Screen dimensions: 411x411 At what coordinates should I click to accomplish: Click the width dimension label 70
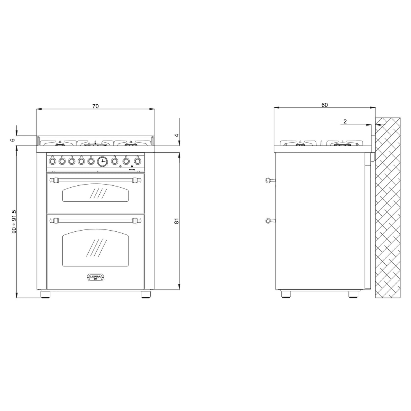96,106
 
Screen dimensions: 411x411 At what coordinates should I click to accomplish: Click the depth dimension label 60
324,105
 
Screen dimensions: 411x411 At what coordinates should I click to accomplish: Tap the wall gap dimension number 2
345,121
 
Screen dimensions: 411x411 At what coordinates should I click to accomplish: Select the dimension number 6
13,140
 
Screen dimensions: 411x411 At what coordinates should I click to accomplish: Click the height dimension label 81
177,221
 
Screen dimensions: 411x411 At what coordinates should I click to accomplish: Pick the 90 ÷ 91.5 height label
14,221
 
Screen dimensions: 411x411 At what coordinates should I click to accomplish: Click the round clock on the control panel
102,161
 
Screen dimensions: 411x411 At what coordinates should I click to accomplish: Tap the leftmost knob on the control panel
53,161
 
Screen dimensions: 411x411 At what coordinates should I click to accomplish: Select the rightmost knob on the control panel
137,161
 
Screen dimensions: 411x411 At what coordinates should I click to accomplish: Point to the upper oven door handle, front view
96,179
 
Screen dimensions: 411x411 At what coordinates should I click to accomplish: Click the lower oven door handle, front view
96,220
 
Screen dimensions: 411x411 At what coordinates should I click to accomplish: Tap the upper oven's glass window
96,194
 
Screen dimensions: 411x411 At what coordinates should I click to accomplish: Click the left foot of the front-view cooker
45,294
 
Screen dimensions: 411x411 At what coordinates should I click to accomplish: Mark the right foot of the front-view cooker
145,294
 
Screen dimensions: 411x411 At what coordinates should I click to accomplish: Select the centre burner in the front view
95,143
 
